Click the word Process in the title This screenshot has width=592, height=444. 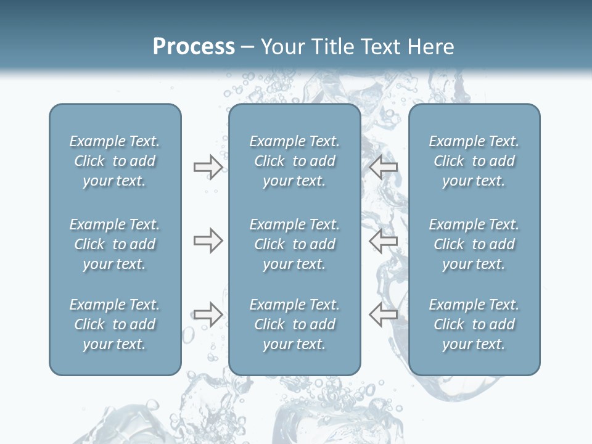click(x=194, y=47)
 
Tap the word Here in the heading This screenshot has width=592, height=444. click(x=430, y=47)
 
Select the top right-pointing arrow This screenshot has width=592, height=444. click(x=208, y=167)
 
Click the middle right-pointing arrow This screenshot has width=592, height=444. click(x=208, y=240)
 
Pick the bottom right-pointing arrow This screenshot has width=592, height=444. click(x=208, y=314)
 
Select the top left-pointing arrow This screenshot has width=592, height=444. click(x=384, y=167)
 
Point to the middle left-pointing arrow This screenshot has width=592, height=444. click(x=384, y=240)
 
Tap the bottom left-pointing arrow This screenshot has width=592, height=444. click(x=384, y=314)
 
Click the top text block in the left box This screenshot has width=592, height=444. click(x=115, y=161)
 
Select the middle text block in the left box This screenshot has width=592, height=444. click(x=115, y=244)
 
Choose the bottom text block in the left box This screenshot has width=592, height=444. click(x=115, y=324)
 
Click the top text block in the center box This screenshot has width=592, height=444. click(x=294, y=161)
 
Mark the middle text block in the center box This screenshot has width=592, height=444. click(x=294, y=244)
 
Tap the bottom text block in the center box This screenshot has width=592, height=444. click(x=294, y=324)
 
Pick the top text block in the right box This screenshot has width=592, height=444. click(x=474, y=161)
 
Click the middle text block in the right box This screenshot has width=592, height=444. click(x=474, y=244)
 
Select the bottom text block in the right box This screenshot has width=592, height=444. click(x=474, y=324)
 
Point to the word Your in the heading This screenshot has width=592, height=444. click(x=281, y=47)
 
